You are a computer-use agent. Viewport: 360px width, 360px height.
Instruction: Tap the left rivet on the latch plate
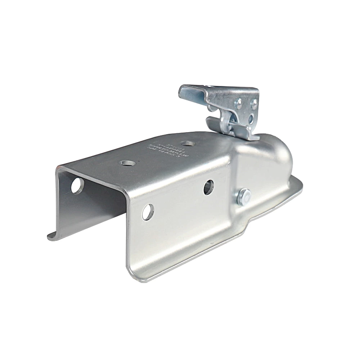coord(239,104)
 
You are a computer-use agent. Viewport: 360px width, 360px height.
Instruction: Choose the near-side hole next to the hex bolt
coord(208,188)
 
